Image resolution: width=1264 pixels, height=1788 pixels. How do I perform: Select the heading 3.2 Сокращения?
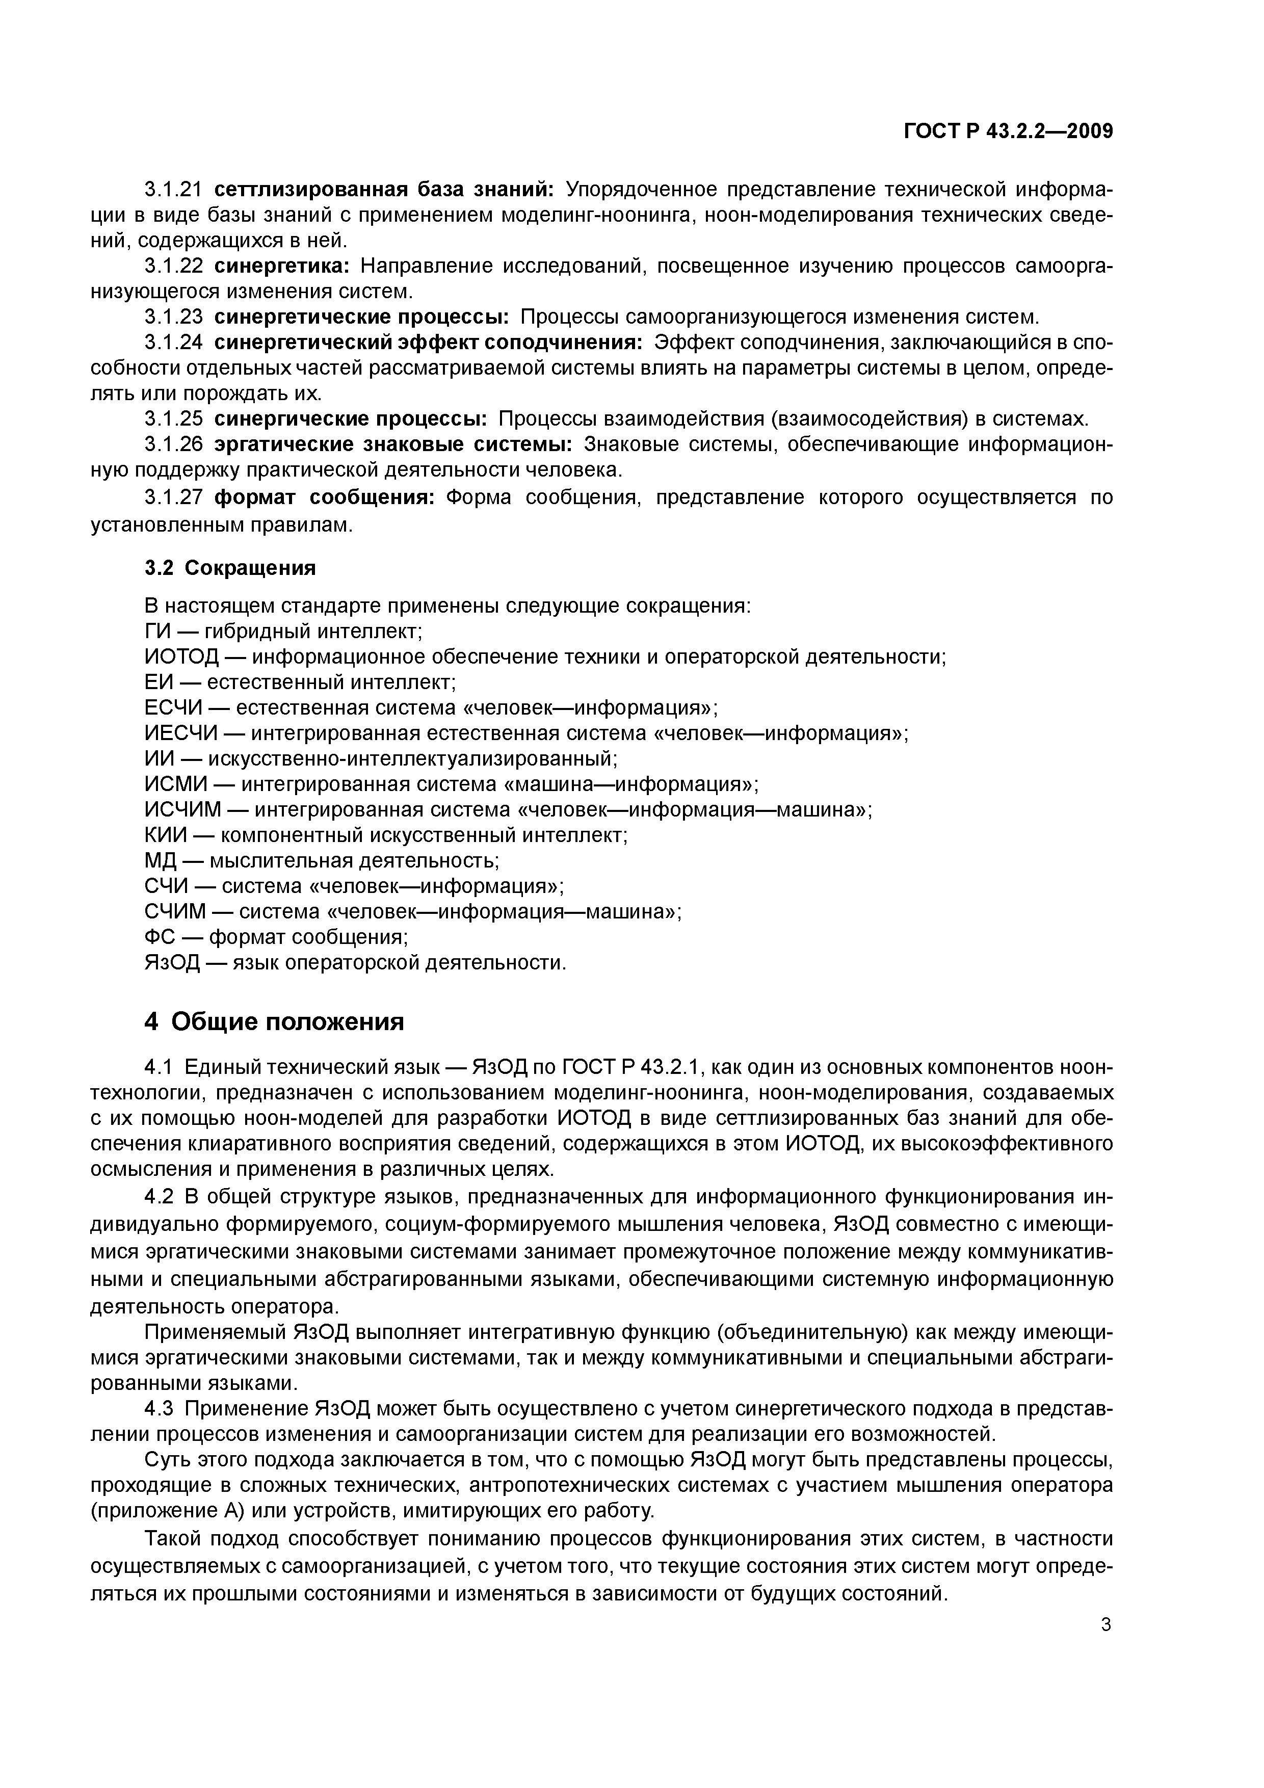coord(230,568)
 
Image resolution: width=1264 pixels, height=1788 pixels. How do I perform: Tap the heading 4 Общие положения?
coord(274,1020)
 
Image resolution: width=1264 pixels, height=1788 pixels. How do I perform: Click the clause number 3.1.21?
coord(174,189)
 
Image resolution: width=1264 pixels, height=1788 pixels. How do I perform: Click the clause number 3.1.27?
coord(174,497)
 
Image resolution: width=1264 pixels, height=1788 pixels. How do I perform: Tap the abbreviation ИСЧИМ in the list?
coord(183,810)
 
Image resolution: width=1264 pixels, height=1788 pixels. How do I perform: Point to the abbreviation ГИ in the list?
coord(156,631)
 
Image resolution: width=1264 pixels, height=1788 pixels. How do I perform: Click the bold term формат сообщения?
coord(324,497)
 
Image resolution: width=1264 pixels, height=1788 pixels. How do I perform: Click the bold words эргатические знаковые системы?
coord(393,444)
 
